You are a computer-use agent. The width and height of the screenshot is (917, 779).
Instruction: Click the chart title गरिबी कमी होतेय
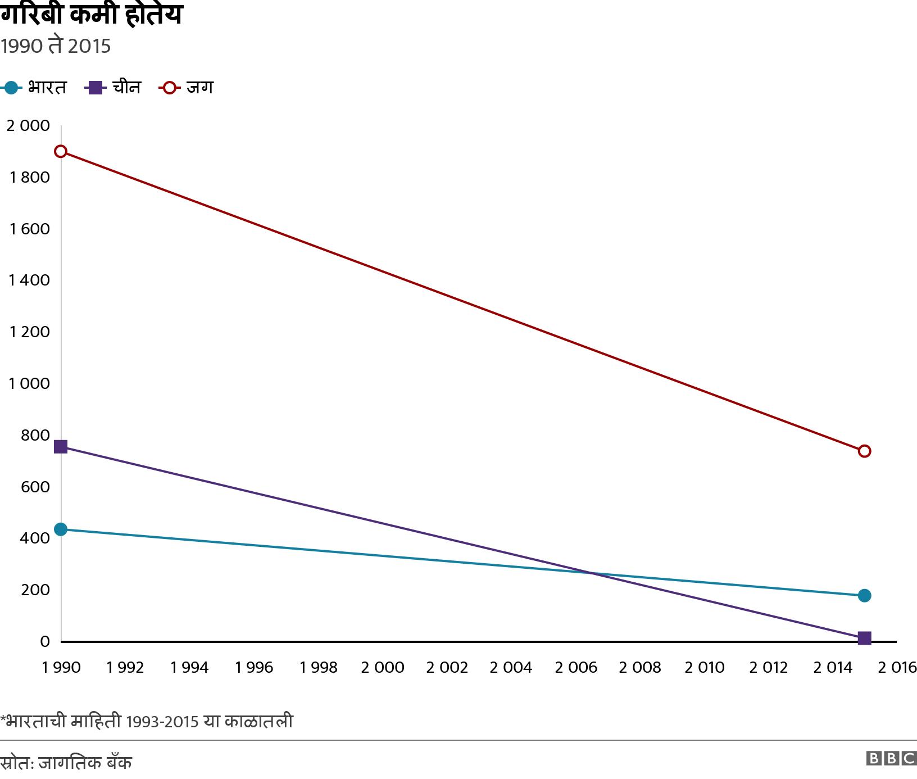coord(91,15)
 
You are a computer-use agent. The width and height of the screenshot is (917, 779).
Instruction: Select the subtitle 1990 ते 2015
coord(56,46)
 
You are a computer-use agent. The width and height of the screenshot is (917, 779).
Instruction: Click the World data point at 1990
coord(61,152)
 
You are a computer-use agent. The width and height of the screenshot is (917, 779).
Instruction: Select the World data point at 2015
coord(864,451)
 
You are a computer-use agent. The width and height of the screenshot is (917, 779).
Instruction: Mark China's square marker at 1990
coord(61,447)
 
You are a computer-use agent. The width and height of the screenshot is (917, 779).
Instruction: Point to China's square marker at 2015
coord(864,638)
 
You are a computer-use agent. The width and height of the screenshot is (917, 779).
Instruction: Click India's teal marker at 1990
coord(61,529)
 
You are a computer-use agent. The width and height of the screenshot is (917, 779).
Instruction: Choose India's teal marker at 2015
coord(864,595)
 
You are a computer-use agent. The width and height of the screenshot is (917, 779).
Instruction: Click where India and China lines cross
coord(591,573)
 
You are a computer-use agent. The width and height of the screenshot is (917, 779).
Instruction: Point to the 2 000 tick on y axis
coord(28,125)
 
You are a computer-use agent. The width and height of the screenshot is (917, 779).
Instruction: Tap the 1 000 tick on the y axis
coord(29,383)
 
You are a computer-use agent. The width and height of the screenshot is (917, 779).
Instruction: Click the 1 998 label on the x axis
coord(318,667)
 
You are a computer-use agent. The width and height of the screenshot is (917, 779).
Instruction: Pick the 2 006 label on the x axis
coord(575,667)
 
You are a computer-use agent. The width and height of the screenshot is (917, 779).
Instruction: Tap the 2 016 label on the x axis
coord(897,667)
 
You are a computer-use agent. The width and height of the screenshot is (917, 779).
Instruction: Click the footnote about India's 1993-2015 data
coord(147,721)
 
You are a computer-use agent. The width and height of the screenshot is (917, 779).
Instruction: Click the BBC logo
coord(891,758)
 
